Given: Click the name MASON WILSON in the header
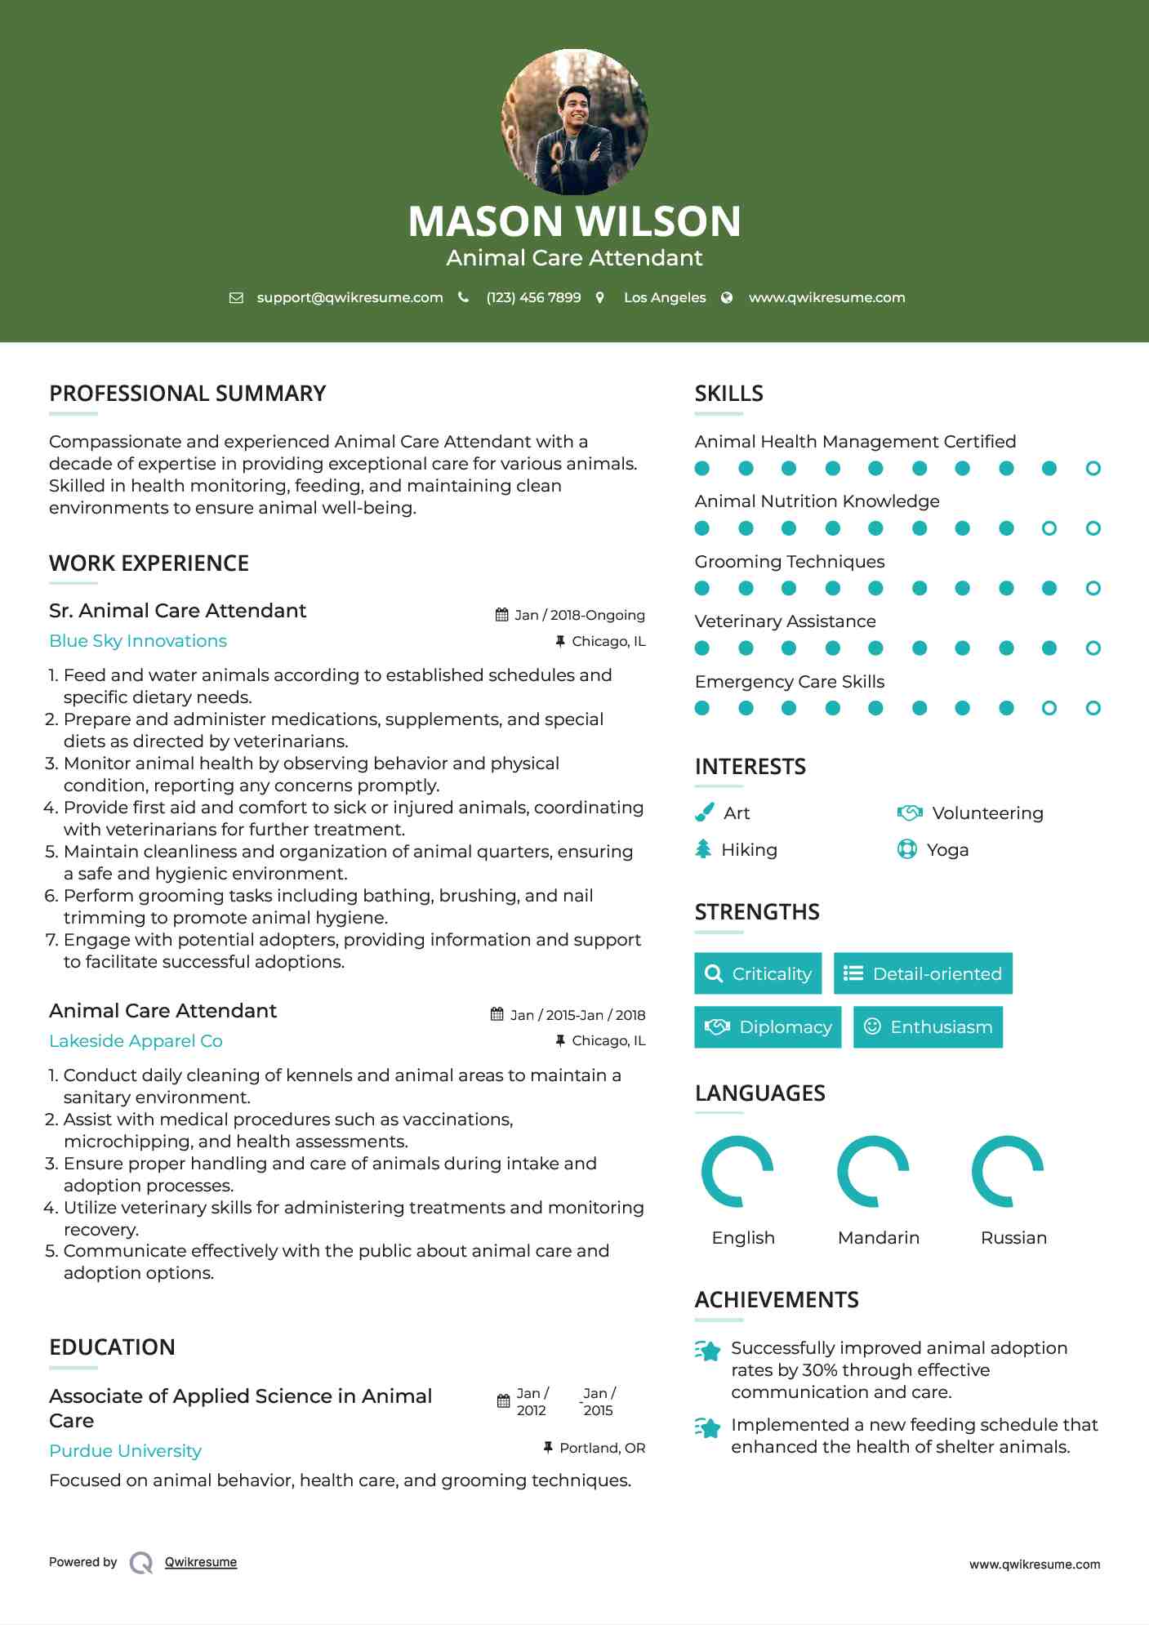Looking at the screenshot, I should click(x=574, y=221).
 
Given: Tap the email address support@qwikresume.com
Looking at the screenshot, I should click(x=350, y=298).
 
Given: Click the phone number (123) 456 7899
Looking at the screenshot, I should click(x=533, y=298).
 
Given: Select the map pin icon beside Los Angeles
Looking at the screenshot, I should click(x=599, y=298).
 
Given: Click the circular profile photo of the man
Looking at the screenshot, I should click(x=574, y=122).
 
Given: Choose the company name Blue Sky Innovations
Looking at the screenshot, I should click(x=138, y=641).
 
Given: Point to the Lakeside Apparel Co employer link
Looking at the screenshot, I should click(x=136, y=1041).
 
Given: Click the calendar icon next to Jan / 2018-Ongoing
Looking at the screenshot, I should click(x=501, y=615).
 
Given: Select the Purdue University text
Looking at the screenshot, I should click(x=125, y=1451).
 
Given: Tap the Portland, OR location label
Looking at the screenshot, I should click(x=602, y=1448).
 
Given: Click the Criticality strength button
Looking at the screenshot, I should click(x=758, y=973).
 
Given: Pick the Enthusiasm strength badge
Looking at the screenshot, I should click(x=928, y=1027).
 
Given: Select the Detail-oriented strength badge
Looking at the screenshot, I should click(x=923, y=973).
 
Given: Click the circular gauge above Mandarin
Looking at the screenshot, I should click(x=873, y=1171).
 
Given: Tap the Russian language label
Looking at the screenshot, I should click(x=1013, y=1238).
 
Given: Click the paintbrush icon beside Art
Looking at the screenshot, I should click(x=704, y=812).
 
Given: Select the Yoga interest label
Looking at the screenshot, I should click(x=947, y=850).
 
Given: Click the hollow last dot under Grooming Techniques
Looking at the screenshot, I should click(x=1093, y=588).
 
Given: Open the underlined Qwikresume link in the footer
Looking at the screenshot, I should click(x=201, y=1562).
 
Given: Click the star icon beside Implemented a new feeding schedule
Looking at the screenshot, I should click(x=708, y=1427).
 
